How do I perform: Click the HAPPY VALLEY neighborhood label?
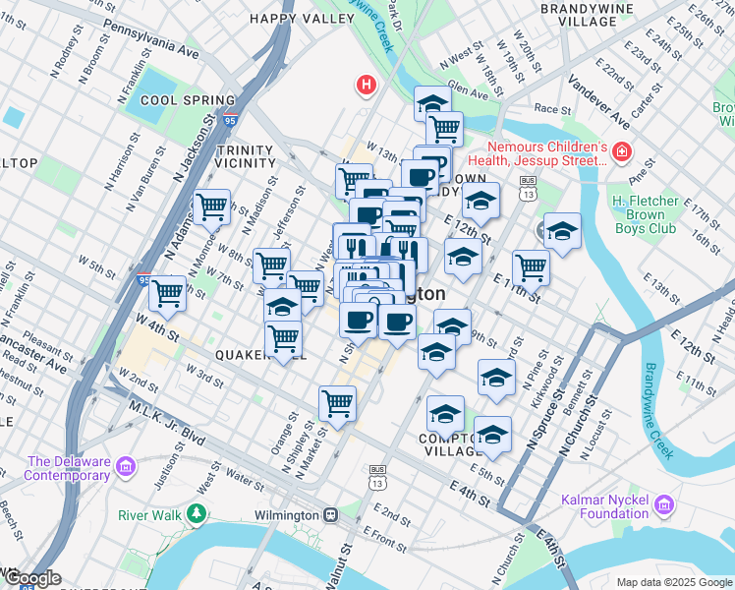coord(287,18)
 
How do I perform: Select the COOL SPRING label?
coord(188,100)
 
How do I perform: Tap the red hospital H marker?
coord(367,86)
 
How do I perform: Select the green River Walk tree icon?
coord(197,514)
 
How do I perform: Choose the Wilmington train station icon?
coord(331,515)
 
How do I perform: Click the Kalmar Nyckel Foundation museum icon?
coord(664,505)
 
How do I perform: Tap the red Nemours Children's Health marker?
coord(621,151)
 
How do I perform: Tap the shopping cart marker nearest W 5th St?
coord(167,292)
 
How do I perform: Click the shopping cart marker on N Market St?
coord(337,402)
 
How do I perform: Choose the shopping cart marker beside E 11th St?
coord(530,265)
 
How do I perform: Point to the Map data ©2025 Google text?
coord(673,582)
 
